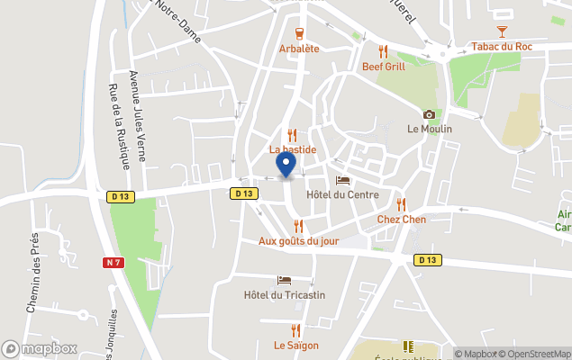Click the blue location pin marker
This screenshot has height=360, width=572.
pyautogui.click(x=286, y=165)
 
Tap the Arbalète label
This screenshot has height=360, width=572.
pyautogui.click(x=300, y=49)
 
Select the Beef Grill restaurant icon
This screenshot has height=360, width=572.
pyautogui.click(x=384, y=51)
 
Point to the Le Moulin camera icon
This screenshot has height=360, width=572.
pyautogui.click(x=429, y=114)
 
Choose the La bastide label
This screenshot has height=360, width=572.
pyautogui.click(x=293, y=148)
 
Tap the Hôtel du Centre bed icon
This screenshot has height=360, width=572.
pyautogui.click(x=341, y=181)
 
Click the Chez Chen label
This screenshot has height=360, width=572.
pyautogui.click(x=402, y=219)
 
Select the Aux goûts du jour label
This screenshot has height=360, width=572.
pyautogui.click(x=298, y=240)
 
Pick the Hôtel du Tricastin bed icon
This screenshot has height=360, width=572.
pyautogui.click(x=285, y=281)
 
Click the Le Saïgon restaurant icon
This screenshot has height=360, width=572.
pyautogui.click(x=296, y=330)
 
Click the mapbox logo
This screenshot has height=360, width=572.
pyautogui.click(x=39, y=348)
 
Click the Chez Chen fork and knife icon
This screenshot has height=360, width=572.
pyautogui.click(x=402, y=204)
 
